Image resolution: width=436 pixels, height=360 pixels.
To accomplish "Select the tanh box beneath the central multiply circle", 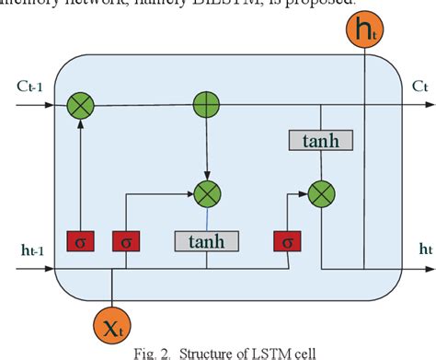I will tap(206, 240).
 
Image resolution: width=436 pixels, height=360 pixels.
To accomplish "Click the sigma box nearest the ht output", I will tap(287, 240).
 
